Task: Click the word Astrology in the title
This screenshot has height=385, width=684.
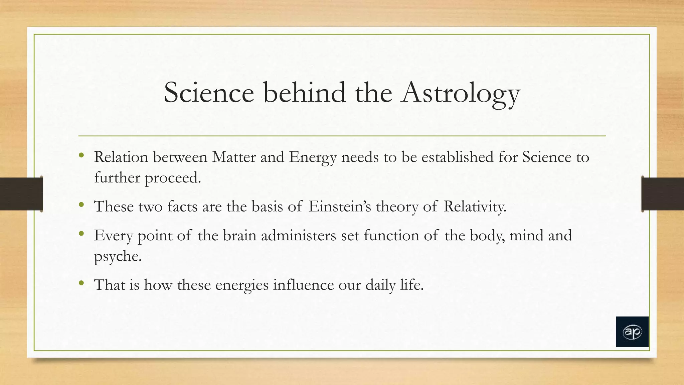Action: click(x=461, y=94)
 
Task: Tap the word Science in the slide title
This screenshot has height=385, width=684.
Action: click(x=209, y=93)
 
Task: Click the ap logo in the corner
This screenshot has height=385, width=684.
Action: click(x=632, y=332)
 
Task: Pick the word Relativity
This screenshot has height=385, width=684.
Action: click(x=475, y=207)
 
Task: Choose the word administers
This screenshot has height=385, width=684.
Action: click(x=299, y=236)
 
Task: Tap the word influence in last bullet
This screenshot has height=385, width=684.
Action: click(x=303, y=285)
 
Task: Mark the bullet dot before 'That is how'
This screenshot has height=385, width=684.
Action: click(x=81, y=283)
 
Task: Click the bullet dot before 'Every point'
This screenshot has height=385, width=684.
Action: click(x=81, y=234)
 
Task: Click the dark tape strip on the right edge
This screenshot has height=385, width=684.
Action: click(x=663, y=194)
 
